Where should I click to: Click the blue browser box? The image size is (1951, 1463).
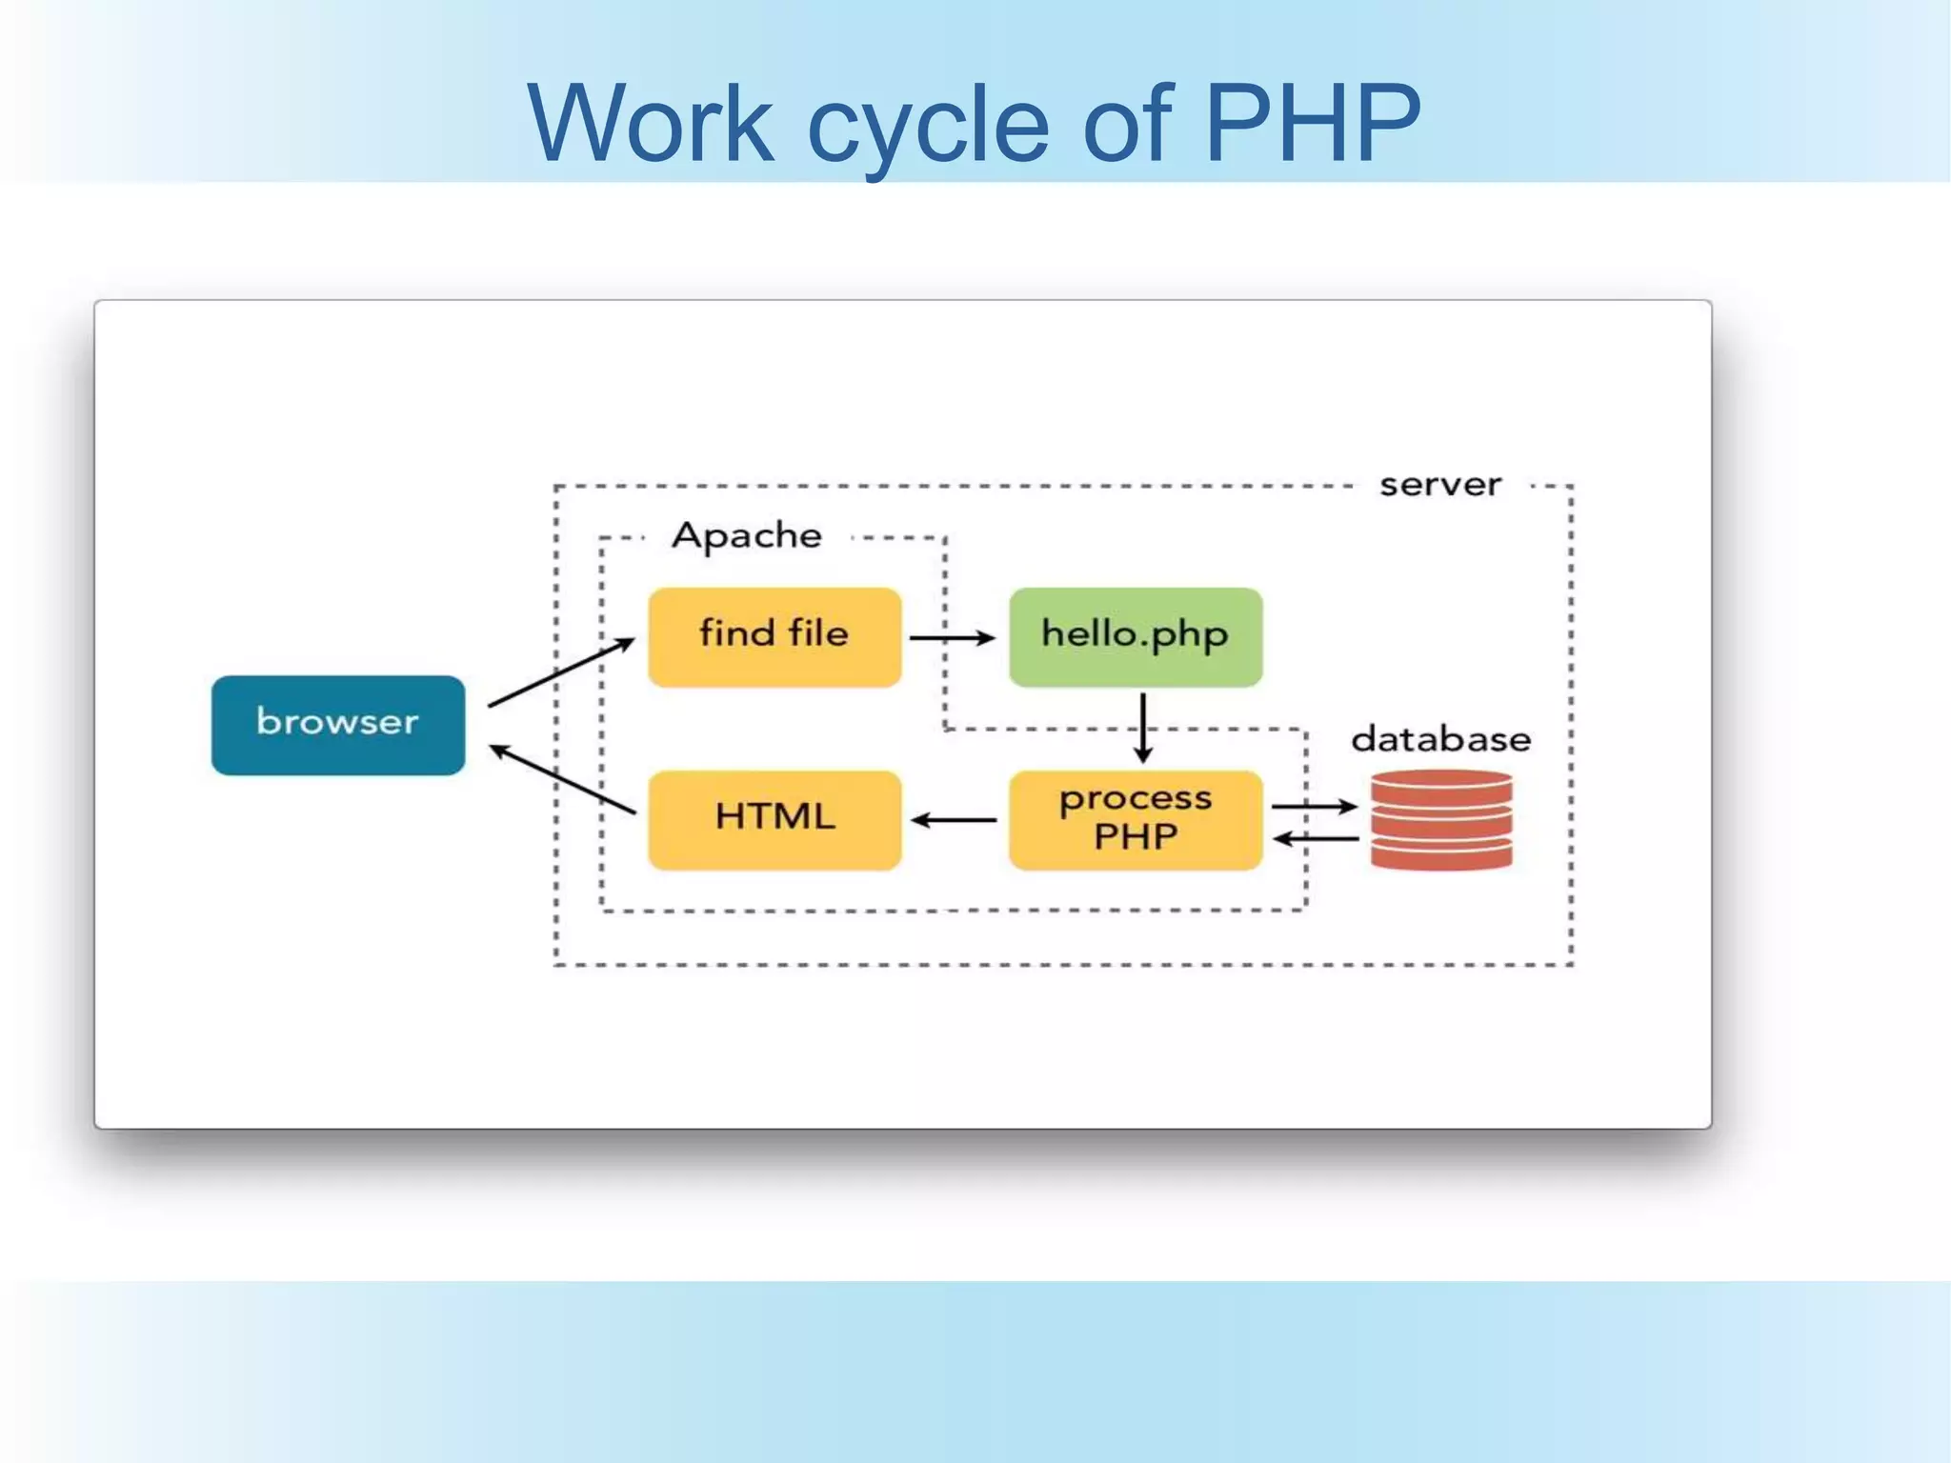[x=338, y=725]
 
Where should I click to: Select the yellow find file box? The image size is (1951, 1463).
[x=774, y=636]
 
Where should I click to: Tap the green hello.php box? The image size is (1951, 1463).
[x=1136, y=636]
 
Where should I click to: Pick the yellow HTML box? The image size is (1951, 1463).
[x=774, y=819]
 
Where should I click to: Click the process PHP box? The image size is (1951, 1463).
[x=1136, y=819]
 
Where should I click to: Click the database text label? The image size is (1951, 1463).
[x=1440, y=739]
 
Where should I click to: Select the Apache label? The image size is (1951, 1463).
[x=747, y=535]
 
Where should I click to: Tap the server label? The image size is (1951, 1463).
[x=1440, y=485]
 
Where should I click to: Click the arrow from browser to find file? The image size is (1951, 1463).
[x=561, y=672]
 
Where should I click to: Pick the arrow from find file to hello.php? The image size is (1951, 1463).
[x=952, y=637]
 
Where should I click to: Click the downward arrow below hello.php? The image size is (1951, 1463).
[x=1143, y=728]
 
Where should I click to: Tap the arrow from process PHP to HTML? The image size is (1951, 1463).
[x=954, y=819]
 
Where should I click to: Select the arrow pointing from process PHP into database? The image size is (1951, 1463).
[x=1314, y=806]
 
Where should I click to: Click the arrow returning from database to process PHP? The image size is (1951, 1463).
[x=1316, y=838]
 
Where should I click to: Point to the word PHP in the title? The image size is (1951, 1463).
[x=1312, y=124]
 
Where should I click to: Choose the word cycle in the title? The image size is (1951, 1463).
[x=928, y=129]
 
